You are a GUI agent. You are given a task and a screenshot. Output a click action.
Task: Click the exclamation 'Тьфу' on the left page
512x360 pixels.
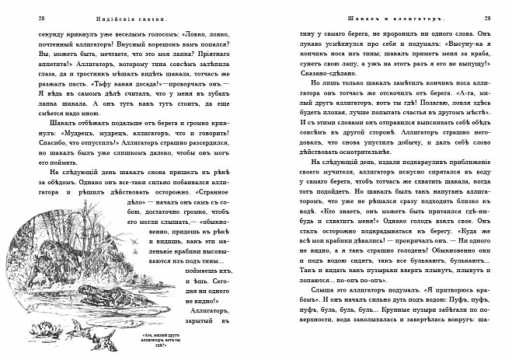(x=111, y=81)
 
